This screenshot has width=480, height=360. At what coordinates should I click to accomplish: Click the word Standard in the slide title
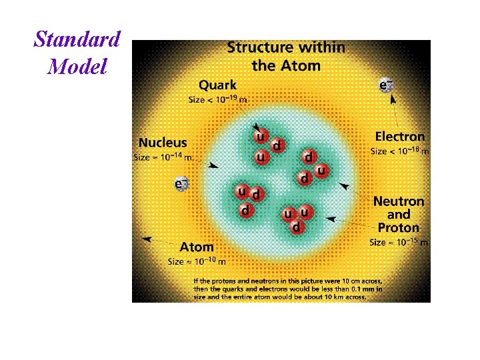pyautogui.click(x=77, y=39)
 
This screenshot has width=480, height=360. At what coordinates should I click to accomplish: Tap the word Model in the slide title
pyautogui.click(x=77, y=66)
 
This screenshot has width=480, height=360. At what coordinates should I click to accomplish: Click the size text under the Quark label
pyautogui.click(x=218, y=99)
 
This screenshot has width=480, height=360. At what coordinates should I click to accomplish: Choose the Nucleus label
pyautogui.click(x=163, y=143)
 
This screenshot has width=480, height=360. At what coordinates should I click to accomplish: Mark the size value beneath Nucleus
pyautogui.click(x=163, y=157)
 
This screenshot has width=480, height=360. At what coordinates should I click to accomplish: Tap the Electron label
pyautogui.click(x=399, y=137)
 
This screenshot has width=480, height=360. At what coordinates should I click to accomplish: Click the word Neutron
pyautogui.click(x=399, y=201)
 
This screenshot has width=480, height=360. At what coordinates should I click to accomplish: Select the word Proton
pyautogui.click(x=399, y=227)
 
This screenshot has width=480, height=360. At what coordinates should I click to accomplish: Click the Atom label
pyautogui.click(x=197, y=247)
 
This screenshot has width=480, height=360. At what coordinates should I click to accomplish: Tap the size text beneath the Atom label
pyautogui.click(x=197, y=261)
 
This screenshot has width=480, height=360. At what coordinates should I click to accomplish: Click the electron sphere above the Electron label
pyautogui.click(x=385, y=85)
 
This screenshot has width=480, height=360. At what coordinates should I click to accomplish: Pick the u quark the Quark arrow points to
pyautogui.click(x=261, y=135)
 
